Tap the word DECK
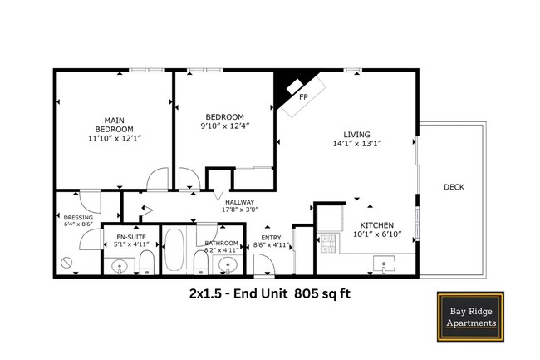454,187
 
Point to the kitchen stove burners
326,244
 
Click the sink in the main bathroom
227,265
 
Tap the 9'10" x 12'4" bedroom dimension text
225,126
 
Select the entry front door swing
264,265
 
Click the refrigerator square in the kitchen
329,215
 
